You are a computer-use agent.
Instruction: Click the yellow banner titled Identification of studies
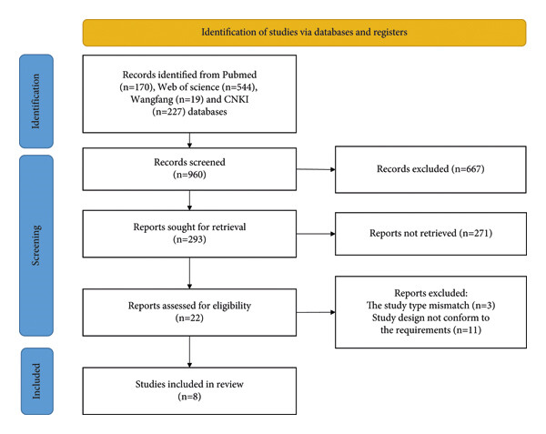[x=304, y=33]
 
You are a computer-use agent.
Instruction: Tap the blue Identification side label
[x=36, y=101]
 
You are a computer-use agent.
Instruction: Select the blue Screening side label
[x=36, y=246]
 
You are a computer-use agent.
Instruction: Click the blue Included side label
[x=37, y=381]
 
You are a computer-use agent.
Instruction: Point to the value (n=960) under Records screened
[x=189, y=175]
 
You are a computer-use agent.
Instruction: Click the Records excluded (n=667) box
[x=430, y=169]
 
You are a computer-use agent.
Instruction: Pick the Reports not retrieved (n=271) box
[x=430, y=234]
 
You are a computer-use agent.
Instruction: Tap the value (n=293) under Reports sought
[x=189, y=239]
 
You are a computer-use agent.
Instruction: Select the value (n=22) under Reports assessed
[x=189, y=318]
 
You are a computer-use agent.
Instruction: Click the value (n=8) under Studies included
[x=189, y=397]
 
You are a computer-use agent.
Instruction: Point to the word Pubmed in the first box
[x=239, y=75]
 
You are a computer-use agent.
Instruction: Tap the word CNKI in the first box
[x=236, y=99]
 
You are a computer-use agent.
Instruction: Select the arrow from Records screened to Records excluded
[x=316, y=169]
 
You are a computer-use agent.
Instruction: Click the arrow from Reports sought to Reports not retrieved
[x=316, y=234]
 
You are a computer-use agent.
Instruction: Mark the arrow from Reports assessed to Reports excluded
[x=316, y=312]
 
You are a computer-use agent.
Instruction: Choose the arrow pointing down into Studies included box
[x=189, y=351]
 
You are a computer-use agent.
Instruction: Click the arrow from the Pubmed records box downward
[x=189, y=140]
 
